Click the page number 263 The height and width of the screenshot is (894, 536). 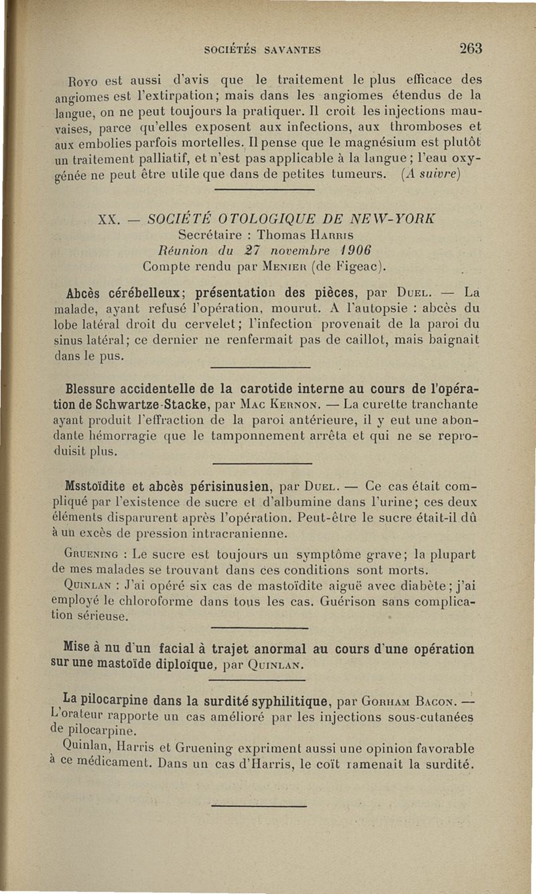point(470,48)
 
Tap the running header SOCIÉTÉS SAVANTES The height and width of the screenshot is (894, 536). point(263,49)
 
